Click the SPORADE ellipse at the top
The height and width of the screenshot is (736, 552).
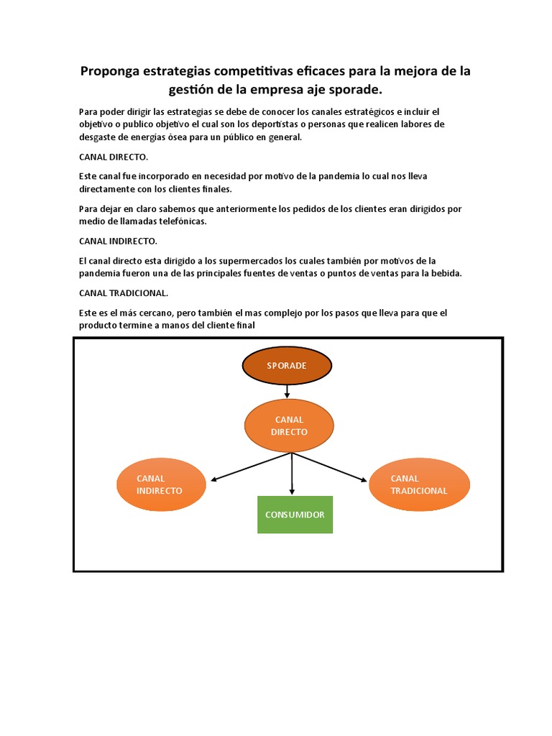tap(287, 366)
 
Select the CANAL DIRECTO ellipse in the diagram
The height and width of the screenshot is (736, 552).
tap(289, 425)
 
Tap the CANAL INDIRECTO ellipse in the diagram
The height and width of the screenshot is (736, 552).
tap(161, 484)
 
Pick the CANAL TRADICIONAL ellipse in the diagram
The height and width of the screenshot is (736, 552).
tap(419, 484)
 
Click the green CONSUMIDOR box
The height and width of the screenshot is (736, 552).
tap(295, 515)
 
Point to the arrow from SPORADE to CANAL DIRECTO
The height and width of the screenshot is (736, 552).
tap(287, 391)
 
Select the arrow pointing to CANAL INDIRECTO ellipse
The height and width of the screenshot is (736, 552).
tap(252, 466)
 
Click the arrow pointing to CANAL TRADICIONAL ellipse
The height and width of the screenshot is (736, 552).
tap(331, 466)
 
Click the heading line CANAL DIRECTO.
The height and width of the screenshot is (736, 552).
tap(114, 157)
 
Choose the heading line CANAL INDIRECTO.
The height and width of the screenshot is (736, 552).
tap(118, 241)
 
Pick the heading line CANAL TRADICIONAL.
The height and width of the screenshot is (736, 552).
tap(124, 293)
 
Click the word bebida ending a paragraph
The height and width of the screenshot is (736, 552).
tap(446, 274)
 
